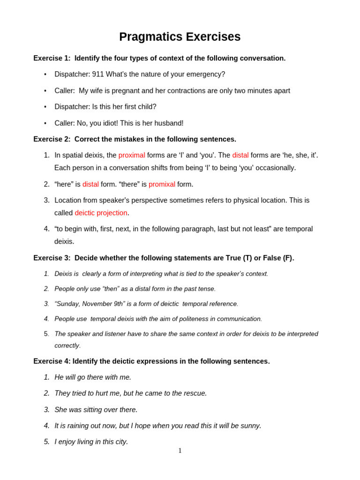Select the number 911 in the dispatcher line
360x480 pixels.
[x=98, y=74]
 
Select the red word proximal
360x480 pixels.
[x=132, y=155]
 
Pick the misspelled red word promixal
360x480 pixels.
[x=162, y=184]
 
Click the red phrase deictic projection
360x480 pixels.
[x=101, y=213]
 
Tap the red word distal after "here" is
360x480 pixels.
[x=90, y=184]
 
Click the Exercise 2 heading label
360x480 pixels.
[x=52, y=139]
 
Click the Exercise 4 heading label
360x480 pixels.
[x=52, y=361]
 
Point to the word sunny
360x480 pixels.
[x=250, y=426]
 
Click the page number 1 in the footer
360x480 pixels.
[x=180, y=451]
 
